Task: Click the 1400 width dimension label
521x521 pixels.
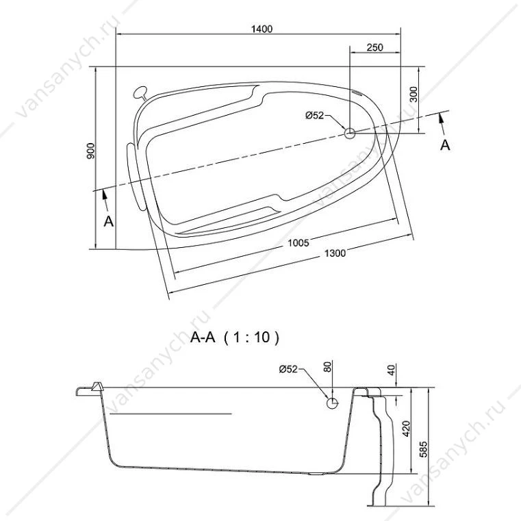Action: coord(262,29)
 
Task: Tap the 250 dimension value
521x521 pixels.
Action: coord(374,47)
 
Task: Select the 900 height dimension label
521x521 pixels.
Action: coord(90,151)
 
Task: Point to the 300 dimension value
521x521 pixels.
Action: coord(414,94)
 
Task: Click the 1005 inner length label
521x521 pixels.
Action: coord(298,243)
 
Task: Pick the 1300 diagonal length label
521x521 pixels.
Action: coord(335,253)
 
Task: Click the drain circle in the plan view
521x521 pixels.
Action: coord(350,134)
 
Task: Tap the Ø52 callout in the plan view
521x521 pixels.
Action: coord(314,115)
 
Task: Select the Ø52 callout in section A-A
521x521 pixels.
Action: coord(288,369)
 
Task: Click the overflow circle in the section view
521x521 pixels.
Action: coord(332,403)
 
